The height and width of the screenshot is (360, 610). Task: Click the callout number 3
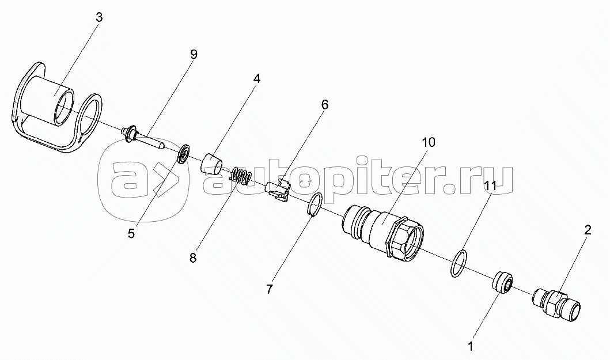pos(99,18)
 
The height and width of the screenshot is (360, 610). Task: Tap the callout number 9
pos(194,54)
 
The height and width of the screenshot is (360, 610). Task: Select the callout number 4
pos(257,79)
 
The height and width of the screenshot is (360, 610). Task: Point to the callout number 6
pos(324,105)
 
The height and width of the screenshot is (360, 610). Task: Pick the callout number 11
pos(491,187)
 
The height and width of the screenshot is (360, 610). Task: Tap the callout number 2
pos(588,230)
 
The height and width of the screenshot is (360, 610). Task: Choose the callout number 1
pos(471,346)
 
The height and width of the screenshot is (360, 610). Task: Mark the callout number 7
pos(270,289)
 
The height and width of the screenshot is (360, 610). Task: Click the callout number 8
pos(193,258)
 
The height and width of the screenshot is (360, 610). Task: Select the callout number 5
pos(131,233)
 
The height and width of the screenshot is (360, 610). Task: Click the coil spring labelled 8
pos(241,176)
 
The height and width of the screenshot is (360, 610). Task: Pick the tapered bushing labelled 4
pos(211,162)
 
